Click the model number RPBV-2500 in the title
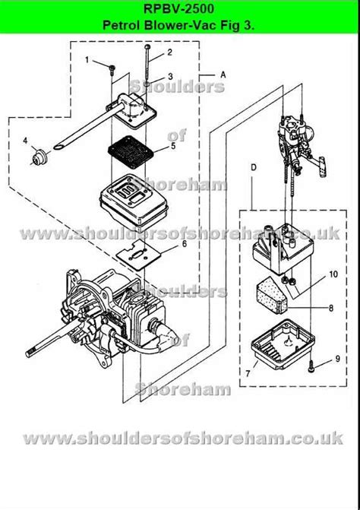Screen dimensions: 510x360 click(179, 8)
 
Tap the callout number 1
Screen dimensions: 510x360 click(87, 60)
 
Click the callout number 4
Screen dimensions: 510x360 click(25, 141)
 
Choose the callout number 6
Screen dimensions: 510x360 click(184, 244)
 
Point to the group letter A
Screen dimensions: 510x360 click(223, 74)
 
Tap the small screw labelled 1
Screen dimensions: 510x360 click(112, 70)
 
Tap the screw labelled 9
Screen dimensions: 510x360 click(311, 369)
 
